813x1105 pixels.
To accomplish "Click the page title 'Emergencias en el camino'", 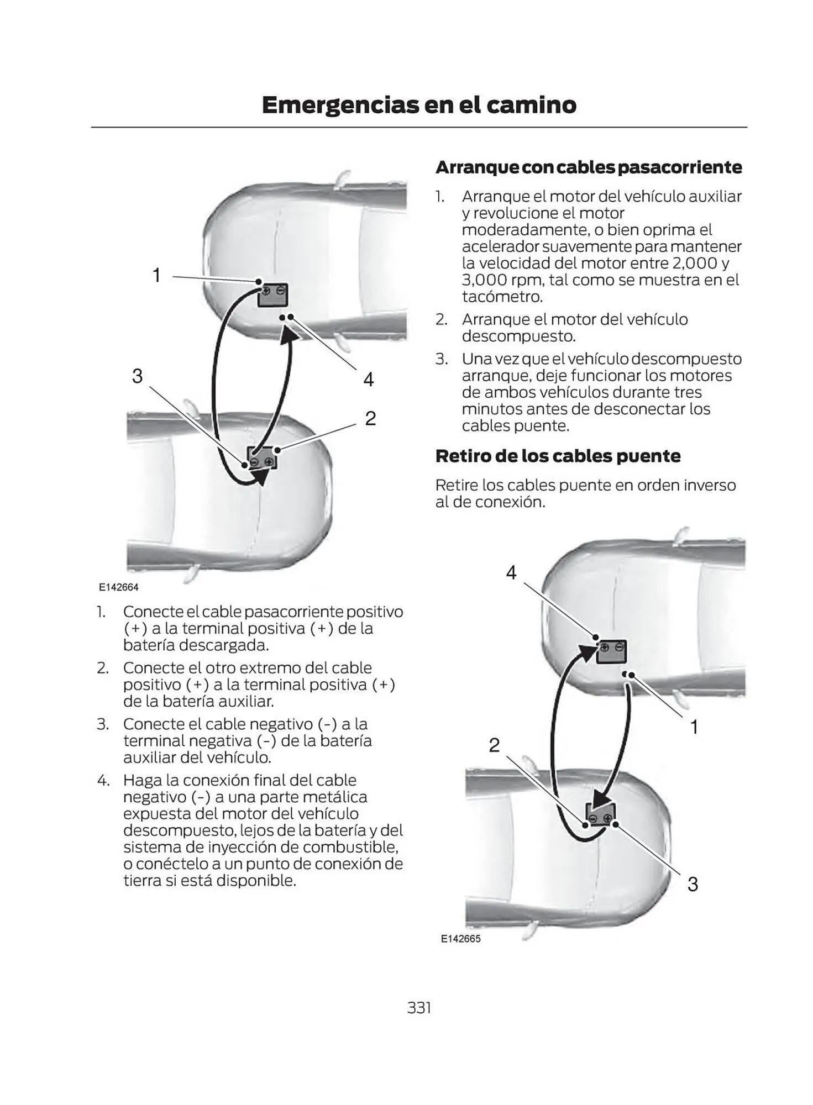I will [x=418, y=105].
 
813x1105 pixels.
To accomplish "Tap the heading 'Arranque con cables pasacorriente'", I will [x=588, y=167].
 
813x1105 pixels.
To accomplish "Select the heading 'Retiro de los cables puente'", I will [x=558, y=456].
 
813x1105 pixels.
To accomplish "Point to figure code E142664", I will [x=119, y=587].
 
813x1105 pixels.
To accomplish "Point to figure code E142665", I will [x=460, y=939].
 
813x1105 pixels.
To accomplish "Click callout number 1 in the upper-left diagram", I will [x=156, y=275].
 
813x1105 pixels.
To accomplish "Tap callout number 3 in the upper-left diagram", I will [x=137, y=376].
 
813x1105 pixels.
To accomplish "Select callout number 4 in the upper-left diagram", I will [x=368, y=379].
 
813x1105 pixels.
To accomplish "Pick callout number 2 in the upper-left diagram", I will [x=370, y=418].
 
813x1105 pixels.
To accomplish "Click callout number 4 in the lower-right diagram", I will [x=511, y=572].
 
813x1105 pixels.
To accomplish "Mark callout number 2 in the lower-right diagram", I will [x=494, y=745].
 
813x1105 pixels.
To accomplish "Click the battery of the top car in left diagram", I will [x=272, y=296].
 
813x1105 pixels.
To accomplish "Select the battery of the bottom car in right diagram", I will [x=600, y=813].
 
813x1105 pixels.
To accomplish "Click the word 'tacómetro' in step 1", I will [x=501, y=297].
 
